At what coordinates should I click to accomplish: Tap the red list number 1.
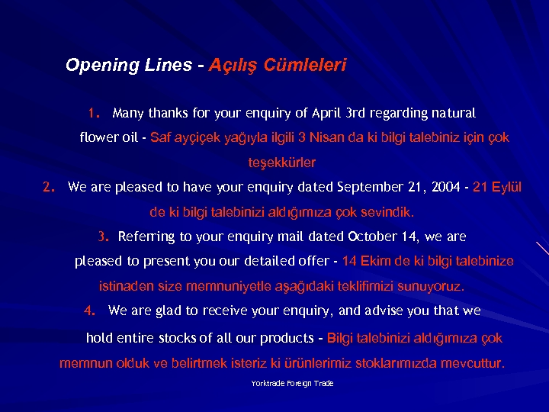[x=94, y=113]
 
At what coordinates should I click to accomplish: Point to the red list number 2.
[x=49, y=187]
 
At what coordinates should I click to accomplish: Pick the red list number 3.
[x=104, y=237]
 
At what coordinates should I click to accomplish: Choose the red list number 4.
[x=90, y=311]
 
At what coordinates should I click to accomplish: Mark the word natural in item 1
[x=454, y=114]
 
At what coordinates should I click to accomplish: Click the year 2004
[x=445, y=187]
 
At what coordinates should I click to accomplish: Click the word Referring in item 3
[x=147, y=237]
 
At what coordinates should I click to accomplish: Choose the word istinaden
[x=126, y=287]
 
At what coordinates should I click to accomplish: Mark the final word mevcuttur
[x=470, y=362]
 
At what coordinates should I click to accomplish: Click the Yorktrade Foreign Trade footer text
[x=292, y=383]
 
